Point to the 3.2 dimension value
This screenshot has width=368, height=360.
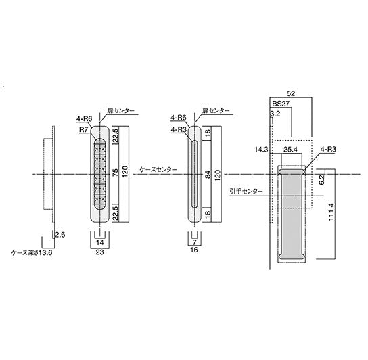(274, 114)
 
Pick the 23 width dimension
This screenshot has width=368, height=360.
(100, 251)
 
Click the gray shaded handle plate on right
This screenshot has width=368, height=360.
(292, 215)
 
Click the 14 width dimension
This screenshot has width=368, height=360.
(100, 241)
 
